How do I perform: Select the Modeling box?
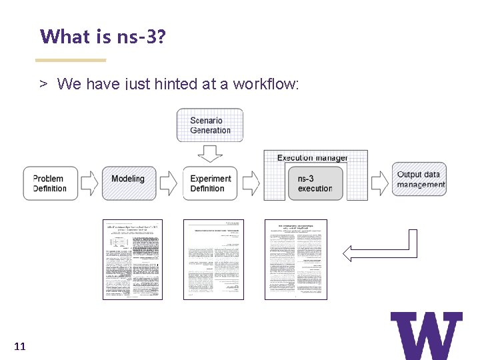tap(129, 182)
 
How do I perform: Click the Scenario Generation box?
tap(209, 125)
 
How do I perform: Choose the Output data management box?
tap(419, 179)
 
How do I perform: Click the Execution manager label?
tap(312, 158)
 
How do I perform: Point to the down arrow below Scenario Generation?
tap(210, 153)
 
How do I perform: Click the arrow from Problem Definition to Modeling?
tap(89, 182)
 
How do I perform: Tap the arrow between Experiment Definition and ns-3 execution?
tap(251, 182)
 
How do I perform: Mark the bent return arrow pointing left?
tap(380, 251)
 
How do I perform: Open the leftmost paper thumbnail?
tap(133, 259)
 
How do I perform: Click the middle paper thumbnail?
tap(213, 259)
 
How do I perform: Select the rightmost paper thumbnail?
tap(295, 259)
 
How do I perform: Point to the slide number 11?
tap(19, 346)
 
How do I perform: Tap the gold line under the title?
tap(70, 60)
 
